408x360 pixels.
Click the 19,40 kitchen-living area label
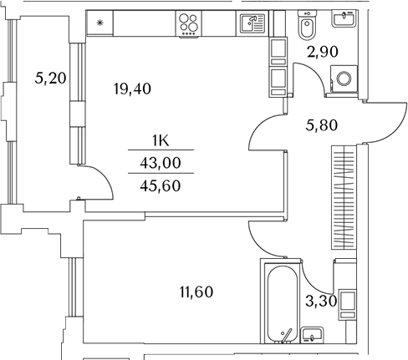[132, 89]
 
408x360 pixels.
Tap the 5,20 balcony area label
[50, 78]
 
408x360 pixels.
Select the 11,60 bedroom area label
[196, 292]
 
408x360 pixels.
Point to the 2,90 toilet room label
[323, 52]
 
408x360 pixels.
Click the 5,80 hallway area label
[322, 125]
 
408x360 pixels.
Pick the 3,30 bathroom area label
[321, 301]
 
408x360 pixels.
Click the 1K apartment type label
[161, 141]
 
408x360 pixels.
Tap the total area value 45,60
[161, 185]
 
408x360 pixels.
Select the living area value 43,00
[161, 163]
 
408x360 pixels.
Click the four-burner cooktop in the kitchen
[188, 23]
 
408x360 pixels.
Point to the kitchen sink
[252, 23]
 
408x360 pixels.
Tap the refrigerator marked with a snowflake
[99, 23]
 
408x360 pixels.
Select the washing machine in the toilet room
[344, 79]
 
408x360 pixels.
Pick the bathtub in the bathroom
[282, 304]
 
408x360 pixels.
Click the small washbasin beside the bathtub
[312, 334]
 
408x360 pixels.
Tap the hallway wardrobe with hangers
[344, 197]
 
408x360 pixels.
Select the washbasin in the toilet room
[344, 19]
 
